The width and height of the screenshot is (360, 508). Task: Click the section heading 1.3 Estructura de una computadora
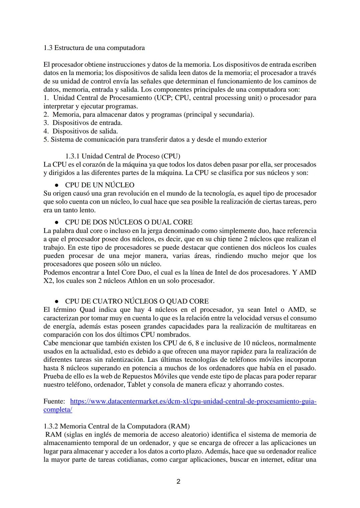pyautogui.click(x=94, y=48)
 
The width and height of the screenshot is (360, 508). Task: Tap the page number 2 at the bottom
pyautogui.click(x=178, y=481)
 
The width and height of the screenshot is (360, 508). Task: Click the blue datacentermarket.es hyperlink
pyautogui.click(x=193, y=401)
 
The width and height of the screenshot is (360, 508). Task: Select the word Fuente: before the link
pyautogui.click(x=54, y=401)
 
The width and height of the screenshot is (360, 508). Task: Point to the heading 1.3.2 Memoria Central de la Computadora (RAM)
pyautogui.click(x=116, y=426)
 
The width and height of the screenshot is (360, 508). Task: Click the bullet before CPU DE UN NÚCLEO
pyautogui.click(x=57, y=186)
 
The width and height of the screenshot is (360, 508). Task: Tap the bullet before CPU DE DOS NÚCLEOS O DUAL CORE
pyautogui.click(x=57, y=223)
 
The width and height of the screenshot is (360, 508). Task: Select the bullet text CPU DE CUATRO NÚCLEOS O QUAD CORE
pyautogui.click(x=137, y=301)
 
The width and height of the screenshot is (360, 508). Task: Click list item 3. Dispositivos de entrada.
pyautogui.click(x=83, y=123)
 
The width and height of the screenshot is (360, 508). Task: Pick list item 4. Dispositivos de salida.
pyautogui.click(x=81, y=131)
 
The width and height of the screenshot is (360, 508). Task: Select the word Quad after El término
pyautogui.click(x=87, y=310)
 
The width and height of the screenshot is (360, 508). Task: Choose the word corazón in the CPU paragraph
pyautogui.click(x=89, y=165)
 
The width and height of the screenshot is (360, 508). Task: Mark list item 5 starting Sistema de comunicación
pyautogui.click(x=155, y=140)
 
